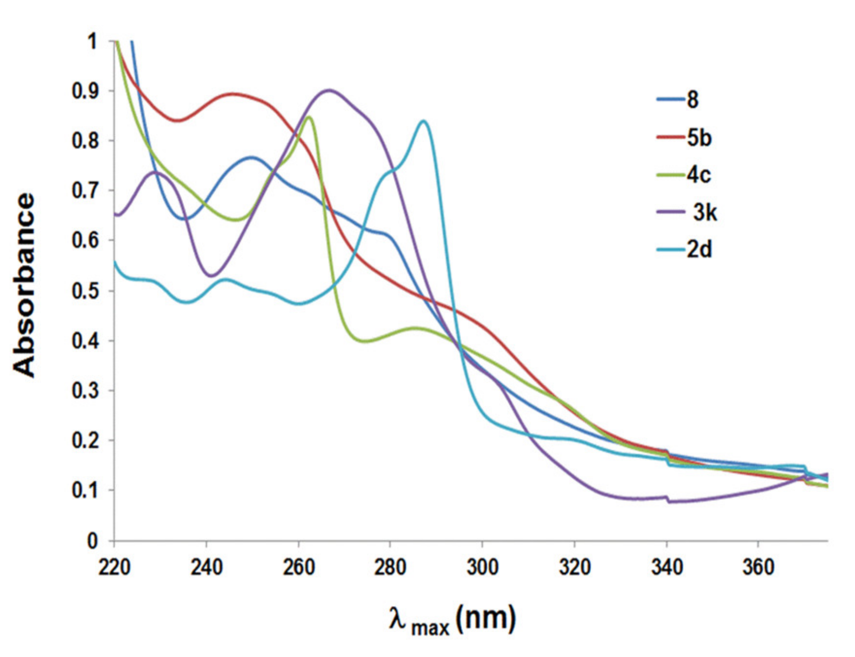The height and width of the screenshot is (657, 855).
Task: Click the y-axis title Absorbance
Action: [24, 286]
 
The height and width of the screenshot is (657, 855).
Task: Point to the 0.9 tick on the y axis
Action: [85, 91]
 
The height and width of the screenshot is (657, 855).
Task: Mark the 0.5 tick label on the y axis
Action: [85, 291]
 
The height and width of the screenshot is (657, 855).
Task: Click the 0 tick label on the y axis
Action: [92, 541]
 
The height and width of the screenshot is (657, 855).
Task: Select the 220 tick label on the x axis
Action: [114, 567]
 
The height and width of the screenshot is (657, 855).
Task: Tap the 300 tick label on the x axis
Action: [482, 567]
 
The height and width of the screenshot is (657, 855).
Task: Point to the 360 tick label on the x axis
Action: [758, 567]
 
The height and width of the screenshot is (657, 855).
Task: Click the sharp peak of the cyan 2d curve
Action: [424, 121]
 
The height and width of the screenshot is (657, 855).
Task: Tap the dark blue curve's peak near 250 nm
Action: [251, 157]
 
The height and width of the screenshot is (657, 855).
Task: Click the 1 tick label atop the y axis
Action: [92, 42]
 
